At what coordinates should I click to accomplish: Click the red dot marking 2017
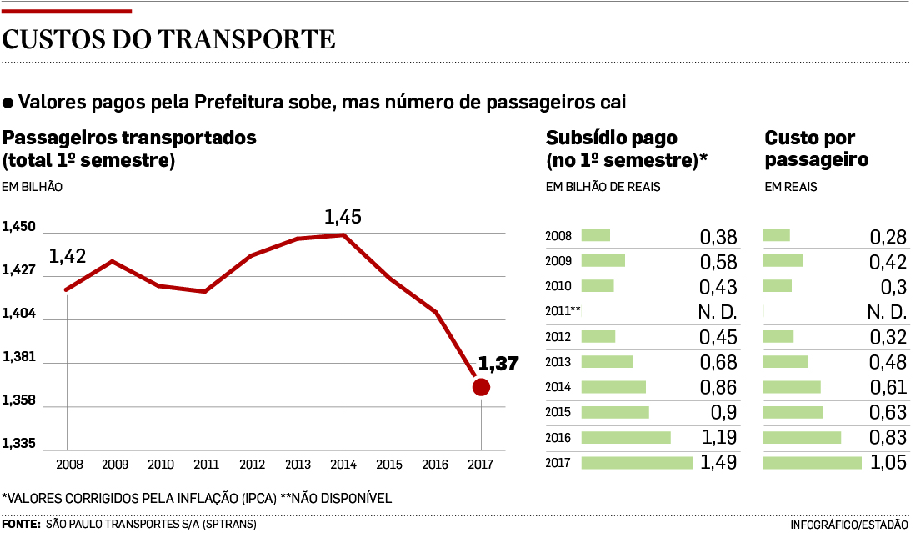pyautogui.click(x=481, y=387)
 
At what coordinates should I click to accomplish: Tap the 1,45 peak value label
pyautogui.click(x=343, y=218)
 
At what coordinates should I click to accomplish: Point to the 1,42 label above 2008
pyautogui.click(x=68, y=257)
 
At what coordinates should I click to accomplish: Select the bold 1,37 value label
pyautogui.click(x=498, y=364)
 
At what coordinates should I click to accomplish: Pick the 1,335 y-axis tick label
pyautogui.click(x=18, y=443)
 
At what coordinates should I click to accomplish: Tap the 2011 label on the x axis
pyautogui.click(x=206, y=465)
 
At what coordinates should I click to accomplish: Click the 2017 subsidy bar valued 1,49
pyautogui.click(x=637, y=463)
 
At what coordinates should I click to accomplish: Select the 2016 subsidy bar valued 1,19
pyautogui.click(x=626, y=438)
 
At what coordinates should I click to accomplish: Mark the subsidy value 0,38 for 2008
pyautogui.click(x=718, y=237)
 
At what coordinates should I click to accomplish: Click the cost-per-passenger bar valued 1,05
pyautogui.click(x=813, y=463)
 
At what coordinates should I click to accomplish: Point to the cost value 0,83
pyautogui.click(x=888, y=438)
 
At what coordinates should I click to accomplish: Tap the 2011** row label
pyautogui.click(x=563, y=311)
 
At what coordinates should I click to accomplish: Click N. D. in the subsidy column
pyautogui.click(x=717, y=312)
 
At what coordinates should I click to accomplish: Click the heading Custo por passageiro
pyautogui.click(x=816, y=148)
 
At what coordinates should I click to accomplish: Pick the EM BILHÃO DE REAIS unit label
pyautogui.click(x=603, y=187)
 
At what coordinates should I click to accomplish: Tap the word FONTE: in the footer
pyautogui.click(x=21, y=524)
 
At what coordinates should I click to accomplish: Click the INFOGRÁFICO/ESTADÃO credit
pyautogui.click(x=848, y=525)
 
